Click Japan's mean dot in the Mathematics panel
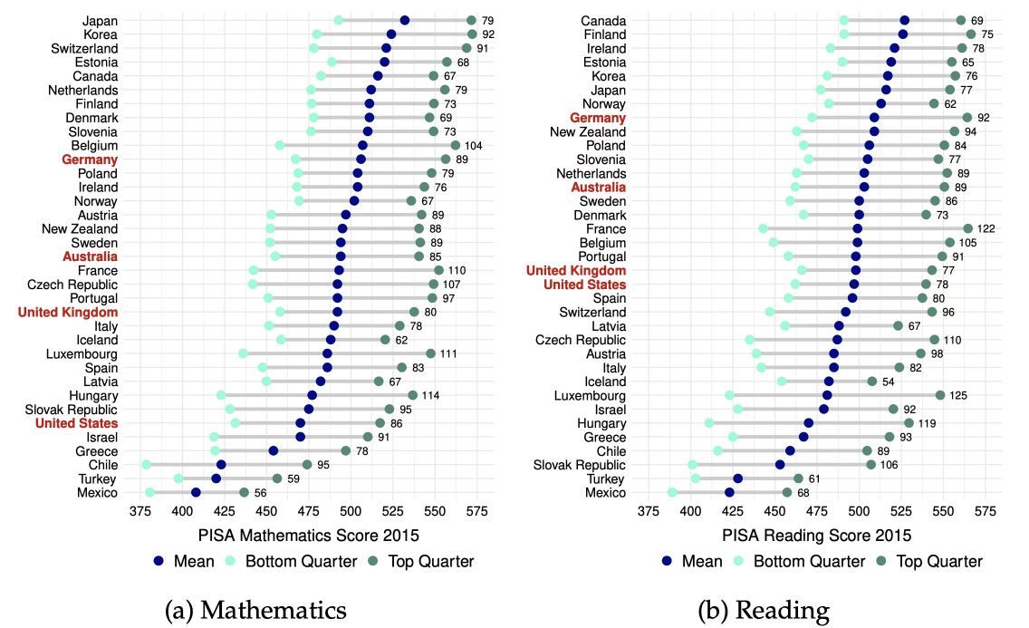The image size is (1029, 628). point(405,20)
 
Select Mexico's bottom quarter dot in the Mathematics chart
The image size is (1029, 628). point(150,492)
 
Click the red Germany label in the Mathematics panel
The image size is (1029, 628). point(90,159)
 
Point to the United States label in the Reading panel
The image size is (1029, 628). point(584,285)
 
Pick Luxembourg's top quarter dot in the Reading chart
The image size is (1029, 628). point(940,395)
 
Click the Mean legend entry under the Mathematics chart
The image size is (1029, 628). point(184,561)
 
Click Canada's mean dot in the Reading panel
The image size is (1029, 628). point(904,20)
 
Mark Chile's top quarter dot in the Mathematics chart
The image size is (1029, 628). point(307,464)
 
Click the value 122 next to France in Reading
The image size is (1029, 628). point(986,229)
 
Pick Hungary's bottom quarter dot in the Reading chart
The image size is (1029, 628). point(709,422)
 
